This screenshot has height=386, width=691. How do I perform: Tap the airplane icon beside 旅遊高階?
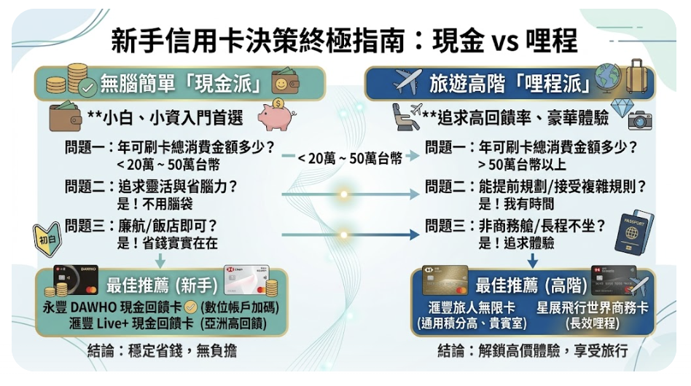tap(407, 82)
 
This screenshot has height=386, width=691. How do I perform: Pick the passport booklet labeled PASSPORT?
tap(633, 232)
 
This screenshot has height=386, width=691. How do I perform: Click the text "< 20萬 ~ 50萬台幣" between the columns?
tap(349, 158)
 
